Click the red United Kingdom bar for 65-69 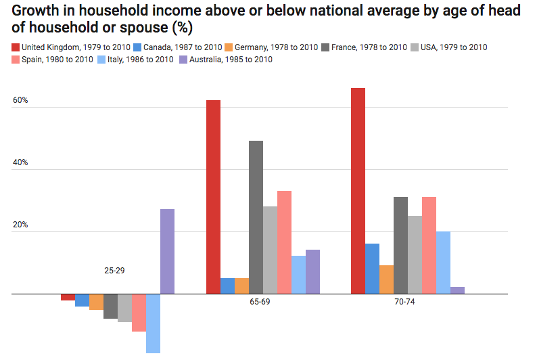click(x=213, y=197)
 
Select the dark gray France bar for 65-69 click(x=256, y=217)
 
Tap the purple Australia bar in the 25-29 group click(x=167, y=251)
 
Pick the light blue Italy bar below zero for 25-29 click(x=153, y=323)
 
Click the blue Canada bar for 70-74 click(x=372, y=269)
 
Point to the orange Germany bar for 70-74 click(x=386, y=279)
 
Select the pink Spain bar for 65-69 click(x=284, y=242)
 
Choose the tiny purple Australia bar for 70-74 click(x=458, y=290)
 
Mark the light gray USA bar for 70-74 click(x=415, y=255)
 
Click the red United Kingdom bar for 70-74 click(x=358, y=191)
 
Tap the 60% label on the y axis click(x=20, y=101)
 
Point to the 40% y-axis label click(x=20, y=163)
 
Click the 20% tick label click(x=20, y=225)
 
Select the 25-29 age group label click(x=114, y=271)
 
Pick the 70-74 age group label click(x=404, y=302)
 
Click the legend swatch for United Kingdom click(x=15, y=47)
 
